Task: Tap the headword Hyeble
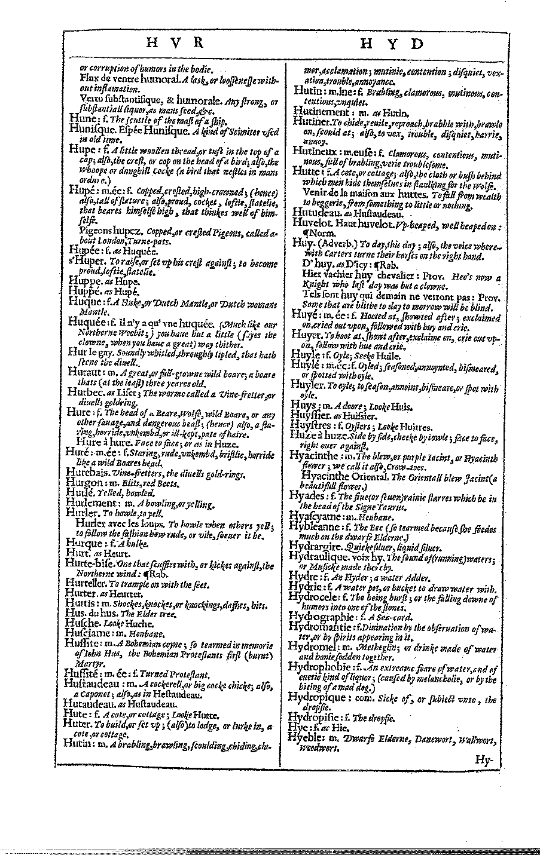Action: [306, 738]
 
